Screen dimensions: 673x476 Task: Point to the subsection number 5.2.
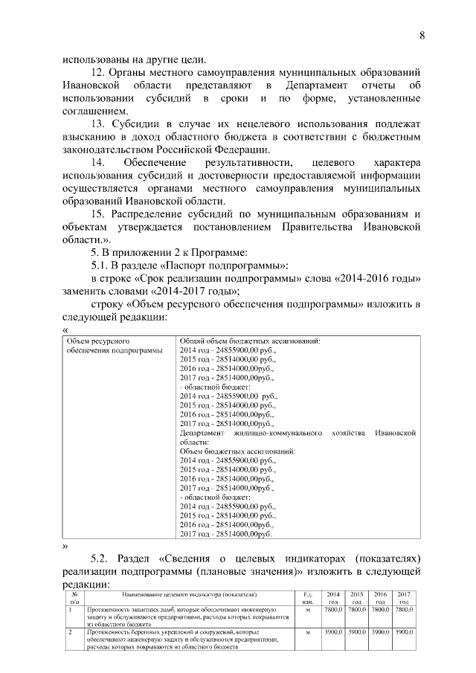pyautogui.click(x=99, y=558)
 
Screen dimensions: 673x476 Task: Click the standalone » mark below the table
pyautogui.click(x=65, y=546)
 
